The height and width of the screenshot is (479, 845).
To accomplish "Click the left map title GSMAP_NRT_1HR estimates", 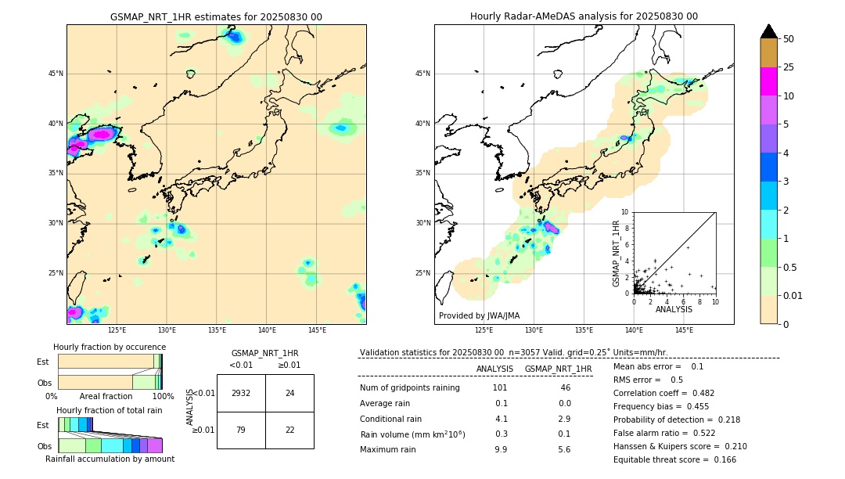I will pyautogui.click(x=216, y=17).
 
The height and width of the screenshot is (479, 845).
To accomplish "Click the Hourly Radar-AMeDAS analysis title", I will pyautogui.click(x=584, y=16).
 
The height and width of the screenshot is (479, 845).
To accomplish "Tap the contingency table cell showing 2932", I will pyautogui.click(x=241, y=393).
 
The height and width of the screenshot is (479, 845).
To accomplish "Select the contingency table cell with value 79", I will pyautogui.click(x=241, y=430).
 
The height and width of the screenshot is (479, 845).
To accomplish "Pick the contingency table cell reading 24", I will pyautogui.click(x=289, y=393).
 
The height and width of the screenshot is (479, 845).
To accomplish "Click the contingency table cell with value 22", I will pyautogui.click(x=289, y=430).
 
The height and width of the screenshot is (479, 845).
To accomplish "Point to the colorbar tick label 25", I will pyautogui.click(x=789, y=67).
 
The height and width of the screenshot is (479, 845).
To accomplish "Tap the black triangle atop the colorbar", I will pyautogui.click(x=769, y=31).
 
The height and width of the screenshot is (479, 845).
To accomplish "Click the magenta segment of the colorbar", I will pyautogui.click(x=769, y=81).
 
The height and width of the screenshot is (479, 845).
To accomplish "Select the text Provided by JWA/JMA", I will pyautogui.click(x=479, y=316).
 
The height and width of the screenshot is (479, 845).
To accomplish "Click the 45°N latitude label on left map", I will pyautogui.click(x=56, y=74).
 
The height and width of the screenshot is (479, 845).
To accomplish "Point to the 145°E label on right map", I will pyautogui.click(x=684, y=330).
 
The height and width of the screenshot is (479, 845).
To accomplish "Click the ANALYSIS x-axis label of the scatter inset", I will pyautogui.click(x=674, y=309).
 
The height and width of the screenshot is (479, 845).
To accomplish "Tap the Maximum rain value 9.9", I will pyautogui.click(x=501, y=449).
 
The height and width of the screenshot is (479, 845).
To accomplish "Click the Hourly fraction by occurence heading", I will pyautogui.click(x=110, y=347).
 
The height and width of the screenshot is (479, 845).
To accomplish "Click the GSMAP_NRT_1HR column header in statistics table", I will pyautogui.click(x=558, y=369).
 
